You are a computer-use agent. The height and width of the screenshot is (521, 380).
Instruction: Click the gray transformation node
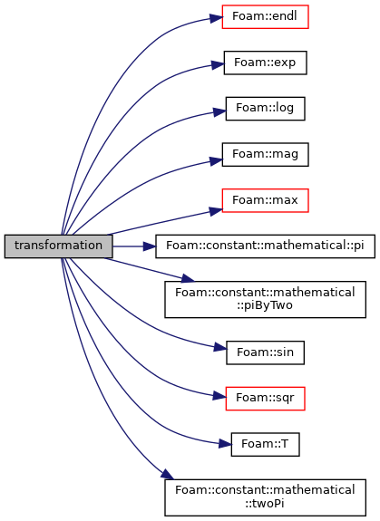click(59, 246)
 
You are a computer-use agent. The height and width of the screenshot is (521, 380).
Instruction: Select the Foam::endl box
click(266, 16)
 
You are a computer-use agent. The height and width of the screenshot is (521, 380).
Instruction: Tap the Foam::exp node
click(266, 63)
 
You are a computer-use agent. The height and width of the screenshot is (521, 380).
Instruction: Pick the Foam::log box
click(266, 109)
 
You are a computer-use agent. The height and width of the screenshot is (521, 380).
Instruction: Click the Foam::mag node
click(266, 155)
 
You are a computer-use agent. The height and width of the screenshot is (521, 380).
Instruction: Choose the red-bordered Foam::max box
click(266, 200)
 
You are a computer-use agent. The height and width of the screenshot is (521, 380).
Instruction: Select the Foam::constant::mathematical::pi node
click(266, 246)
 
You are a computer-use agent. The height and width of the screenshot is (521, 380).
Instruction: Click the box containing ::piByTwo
click(266, 299)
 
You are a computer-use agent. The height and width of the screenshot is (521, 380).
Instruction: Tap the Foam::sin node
click(266, 352)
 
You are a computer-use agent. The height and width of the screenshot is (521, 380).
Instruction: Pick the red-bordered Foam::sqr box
click(266, 399)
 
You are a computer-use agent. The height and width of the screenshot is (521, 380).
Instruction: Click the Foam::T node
click(266, 444)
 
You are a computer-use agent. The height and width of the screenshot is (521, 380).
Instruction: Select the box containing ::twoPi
click(266, 497)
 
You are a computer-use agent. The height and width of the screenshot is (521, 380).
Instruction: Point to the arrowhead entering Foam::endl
click(216, 17)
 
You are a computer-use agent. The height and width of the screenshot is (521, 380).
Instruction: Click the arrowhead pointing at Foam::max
click(216, 210)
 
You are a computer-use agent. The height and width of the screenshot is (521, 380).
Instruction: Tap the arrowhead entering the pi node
click(150, 246)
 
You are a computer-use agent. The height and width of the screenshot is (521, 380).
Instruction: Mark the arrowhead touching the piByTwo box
click(187, 278)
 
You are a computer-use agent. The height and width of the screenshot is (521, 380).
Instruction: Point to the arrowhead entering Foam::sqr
click(219, 396)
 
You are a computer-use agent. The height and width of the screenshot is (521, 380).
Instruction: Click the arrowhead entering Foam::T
click(225, 443)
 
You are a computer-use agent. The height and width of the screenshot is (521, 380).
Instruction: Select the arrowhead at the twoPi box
click(168, 475)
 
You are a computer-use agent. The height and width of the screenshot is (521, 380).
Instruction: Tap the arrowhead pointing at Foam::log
click(219, 111)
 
